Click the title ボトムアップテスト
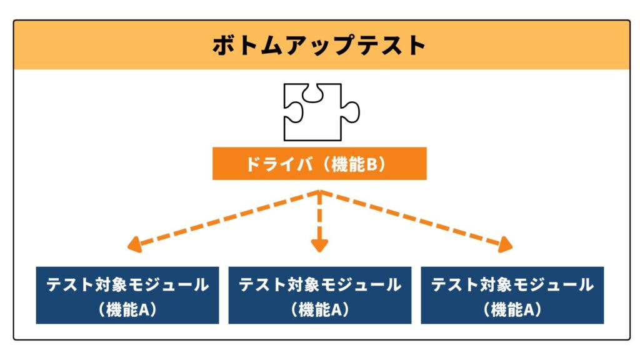319,46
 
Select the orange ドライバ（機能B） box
319,164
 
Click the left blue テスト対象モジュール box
127,296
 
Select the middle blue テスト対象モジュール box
319,296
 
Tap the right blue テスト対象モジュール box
512,296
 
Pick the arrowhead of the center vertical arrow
319,246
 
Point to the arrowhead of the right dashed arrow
506,246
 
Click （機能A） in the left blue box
127,309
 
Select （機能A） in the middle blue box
319,309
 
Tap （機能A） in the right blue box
512,309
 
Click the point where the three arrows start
319,192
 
